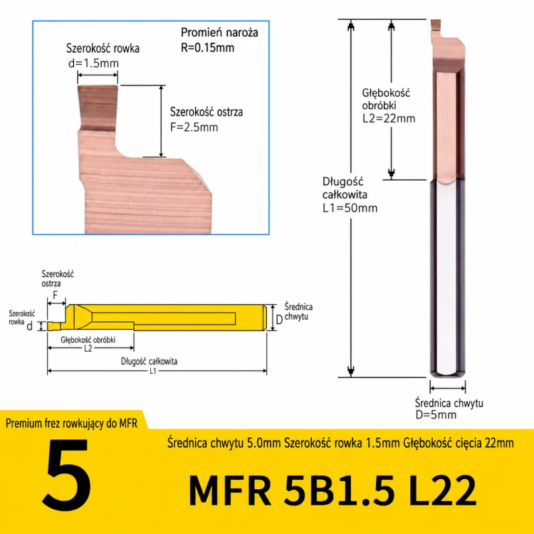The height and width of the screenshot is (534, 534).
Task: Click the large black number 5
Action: (x=67, y=475)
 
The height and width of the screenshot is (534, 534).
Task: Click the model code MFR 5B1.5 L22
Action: (x=333, y=491)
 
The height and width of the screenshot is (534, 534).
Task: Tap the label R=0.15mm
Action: (x=207, y=48)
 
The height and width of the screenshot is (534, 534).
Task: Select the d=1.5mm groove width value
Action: (x=94, y=63)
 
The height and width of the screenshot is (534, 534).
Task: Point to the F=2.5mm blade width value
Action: (x=194, y=127)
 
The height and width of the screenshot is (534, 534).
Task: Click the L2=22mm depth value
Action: (x=389, y=118)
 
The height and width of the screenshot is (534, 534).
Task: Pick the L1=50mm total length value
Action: (x=350, y=208)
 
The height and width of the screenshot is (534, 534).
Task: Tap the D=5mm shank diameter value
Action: (x=436, y=415)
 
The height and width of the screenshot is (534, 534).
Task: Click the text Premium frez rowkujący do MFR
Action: (x=71, y=424)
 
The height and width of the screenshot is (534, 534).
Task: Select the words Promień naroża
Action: (x=219, y=33)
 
